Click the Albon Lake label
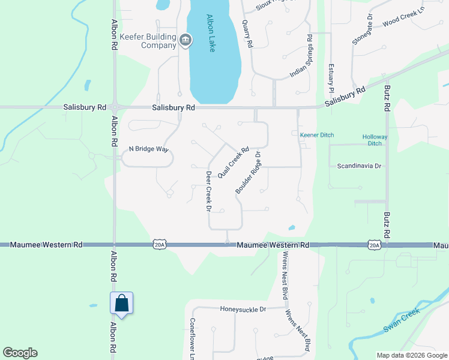tap(211, 33)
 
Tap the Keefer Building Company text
tap(148, 41)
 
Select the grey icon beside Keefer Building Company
tap(185, 40)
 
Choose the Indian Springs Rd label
tap(301, 56)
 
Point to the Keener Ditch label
tap(317, 135)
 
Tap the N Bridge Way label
tap(148, 149)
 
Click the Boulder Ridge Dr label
tap(247, 173)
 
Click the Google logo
tap(20, 353)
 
